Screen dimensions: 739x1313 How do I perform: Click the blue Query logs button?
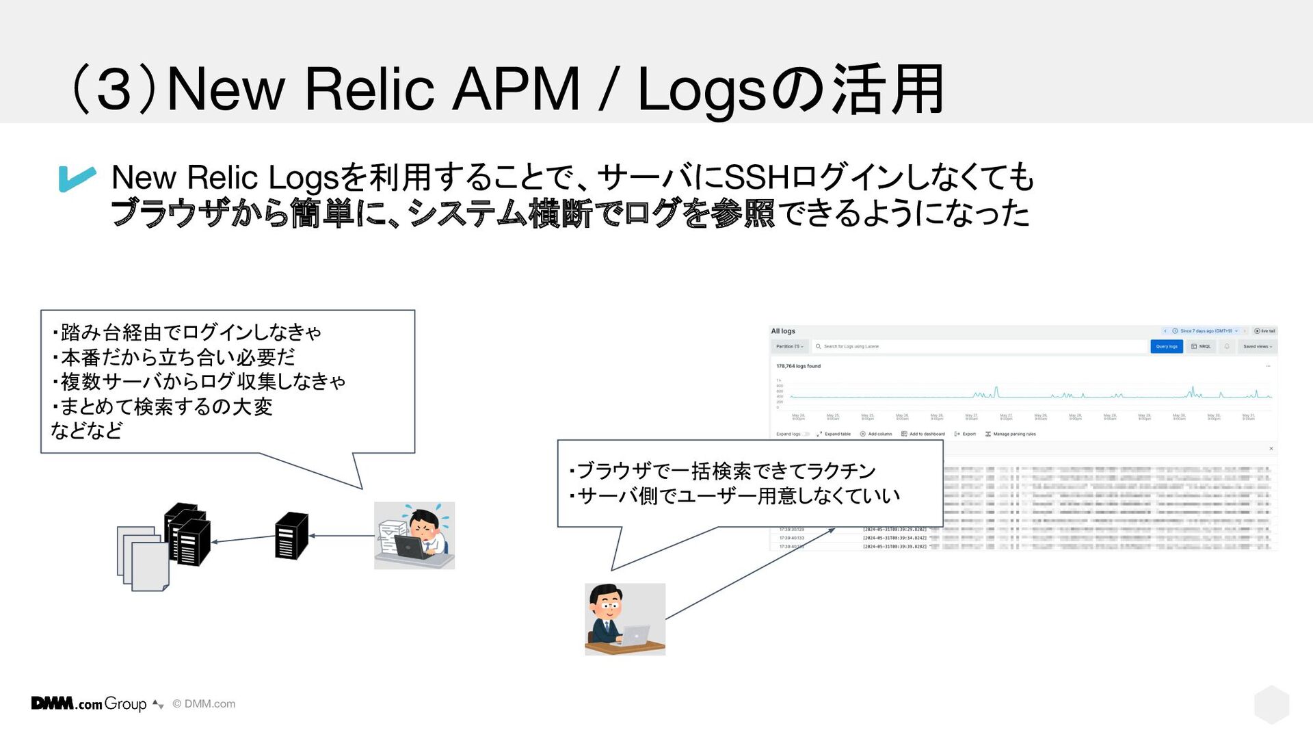pyautogui.click(x=1166, y=346)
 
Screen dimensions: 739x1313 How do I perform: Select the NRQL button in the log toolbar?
pyautogui.click(x=1201, y=346)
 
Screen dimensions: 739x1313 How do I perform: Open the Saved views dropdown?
pyautogui.click(x=1257, y=346)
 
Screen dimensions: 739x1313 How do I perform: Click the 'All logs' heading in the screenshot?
pyautogui.click(x=783, y=331)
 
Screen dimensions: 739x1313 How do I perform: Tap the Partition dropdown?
pyautogui.click(x=789, y=346)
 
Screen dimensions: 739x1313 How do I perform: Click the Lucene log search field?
pyautogui.click(x=978, y=346)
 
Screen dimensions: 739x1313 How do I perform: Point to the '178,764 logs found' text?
pyautogui.click(x=798, y=366)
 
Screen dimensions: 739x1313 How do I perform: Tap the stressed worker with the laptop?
pyautogui.click(x=414, y=535)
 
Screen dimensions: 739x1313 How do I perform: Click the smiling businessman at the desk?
pyautogui.click(x=624, y=619)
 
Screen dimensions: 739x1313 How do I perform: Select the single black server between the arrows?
pyautogui.click(x=291, y=536)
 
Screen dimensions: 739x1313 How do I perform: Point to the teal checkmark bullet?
pyautogui.click(x=77, y=178)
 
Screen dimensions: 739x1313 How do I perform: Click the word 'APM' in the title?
pyautogui.click(x=517, y=89)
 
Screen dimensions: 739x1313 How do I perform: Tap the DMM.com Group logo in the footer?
pyautogui.click(x=89, y=703)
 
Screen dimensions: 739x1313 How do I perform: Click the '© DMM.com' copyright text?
pyautogui.click(x=204, y=703)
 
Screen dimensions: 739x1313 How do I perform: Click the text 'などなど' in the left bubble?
pyautogui.click(x=87, y=430)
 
